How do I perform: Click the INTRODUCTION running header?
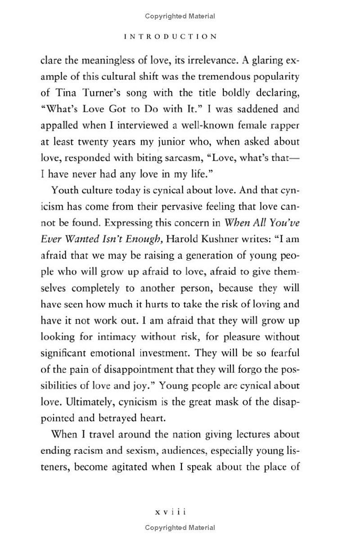(x=170, y=36)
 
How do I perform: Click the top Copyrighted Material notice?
(x=180, y=16)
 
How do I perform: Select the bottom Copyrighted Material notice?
(x=180, y=527)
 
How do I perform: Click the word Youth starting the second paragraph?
(x=65, y=190)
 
